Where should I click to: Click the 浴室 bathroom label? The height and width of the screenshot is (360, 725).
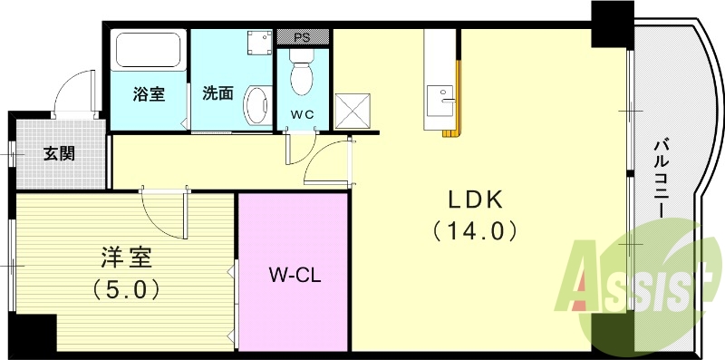[x=149, y=93]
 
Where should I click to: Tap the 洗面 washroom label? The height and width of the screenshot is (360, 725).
[x=217, y=92]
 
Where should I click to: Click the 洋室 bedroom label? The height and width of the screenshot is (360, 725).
[x=126, y=258]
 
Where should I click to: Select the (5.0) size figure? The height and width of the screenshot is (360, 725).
[x=126, y=289]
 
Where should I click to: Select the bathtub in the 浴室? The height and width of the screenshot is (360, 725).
[x=149, y=52]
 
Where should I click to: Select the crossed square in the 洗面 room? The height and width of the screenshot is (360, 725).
[x=259, y=43]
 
